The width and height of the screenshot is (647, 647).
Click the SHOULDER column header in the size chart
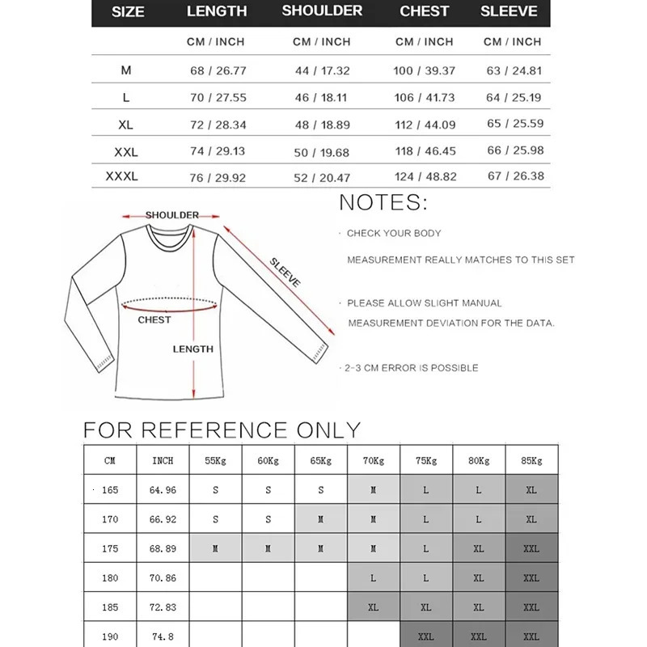click(x=322, y=11)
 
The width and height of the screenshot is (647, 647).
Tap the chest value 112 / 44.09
click(x=424, y=125)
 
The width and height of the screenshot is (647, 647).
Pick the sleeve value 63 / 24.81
click(x=513, y=70)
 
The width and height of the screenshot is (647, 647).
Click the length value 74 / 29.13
click(x=217, y=150)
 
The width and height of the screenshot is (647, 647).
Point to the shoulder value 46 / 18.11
click(x=321, y=97)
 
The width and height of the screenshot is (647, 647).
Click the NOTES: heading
click(x=383, y=202)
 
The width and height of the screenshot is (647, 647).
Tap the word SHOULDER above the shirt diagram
click(x=171, y=215)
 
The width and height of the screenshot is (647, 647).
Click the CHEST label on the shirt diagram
click(x=154, y=319)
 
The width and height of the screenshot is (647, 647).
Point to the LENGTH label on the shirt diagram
click(x=193, y=349)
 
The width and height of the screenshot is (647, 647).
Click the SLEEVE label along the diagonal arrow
click(x=285, y=273)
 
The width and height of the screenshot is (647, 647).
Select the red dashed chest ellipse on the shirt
click(x=171, y=304)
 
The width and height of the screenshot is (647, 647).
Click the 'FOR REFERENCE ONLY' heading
click(x=222, y=429)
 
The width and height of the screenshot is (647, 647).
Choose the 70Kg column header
click(x=374, y=460)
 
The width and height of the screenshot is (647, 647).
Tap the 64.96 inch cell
click(x=163, y=490)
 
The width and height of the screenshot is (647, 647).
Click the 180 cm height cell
click(x=110, y=578)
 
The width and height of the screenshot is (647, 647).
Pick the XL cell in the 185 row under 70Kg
click(x=374, y=607)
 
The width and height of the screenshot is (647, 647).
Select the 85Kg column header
click(x=531, y=460)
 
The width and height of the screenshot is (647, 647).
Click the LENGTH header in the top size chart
click(x=217, y=11)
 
